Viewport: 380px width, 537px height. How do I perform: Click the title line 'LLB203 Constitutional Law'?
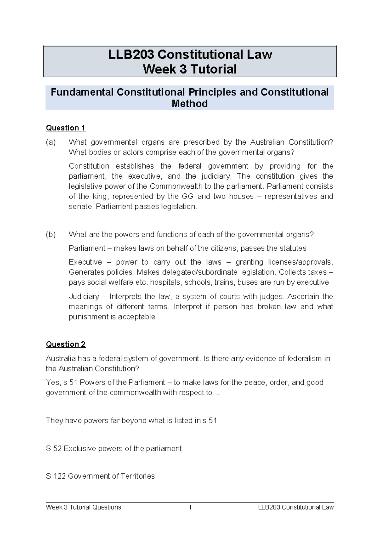pyautogui.click(x=190, y=54)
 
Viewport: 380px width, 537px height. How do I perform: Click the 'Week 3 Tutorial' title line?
pyautogui.click(x=190, y=69)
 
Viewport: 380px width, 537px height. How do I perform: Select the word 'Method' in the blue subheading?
pyautogui.click(x=189, y=104)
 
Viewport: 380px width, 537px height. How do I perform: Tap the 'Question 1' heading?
pyautogui.click(x=66, y=128)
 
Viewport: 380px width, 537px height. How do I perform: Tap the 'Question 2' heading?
pyautogui.click(x=66, y=344)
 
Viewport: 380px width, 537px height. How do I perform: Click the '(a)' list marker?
pyautogui.click(x=51, y=142)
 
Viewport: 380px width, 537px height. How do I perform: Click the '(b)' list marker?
pyautogui.click(x=51, y=235)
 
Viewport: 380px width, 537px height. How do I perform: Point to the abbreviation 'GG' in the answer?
pyautogui.click(x=187, y=197)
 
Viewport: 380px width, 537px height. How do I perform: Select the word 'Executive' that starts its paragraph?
pyautogui.click(x=85, y=262)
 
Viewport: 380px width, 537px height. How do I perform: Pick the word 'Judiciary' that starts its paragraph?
pyautogui.click(x=84, y=297)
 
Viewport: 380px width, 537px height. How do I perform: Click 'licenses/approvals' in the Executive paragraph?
pyautogui.click(x=300, y=262)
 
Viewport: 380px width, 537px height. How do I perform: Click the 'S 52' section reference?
pyautogui.click(x=54, y=449)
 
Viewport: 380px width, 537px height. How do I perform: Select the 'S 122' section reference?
pyautogui.click(x=56, y=476)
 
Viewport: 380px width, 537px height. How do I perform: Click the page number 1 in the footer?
pyautogui.click(x=190, y=507)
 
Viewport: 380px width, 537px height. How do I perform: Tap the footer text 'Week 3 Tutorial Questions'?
pyautogui.click(x=83, y=507)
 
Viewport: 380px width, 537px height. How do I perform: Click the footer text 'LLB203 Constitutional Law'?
pyautogui.click(x=296, y=507)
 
